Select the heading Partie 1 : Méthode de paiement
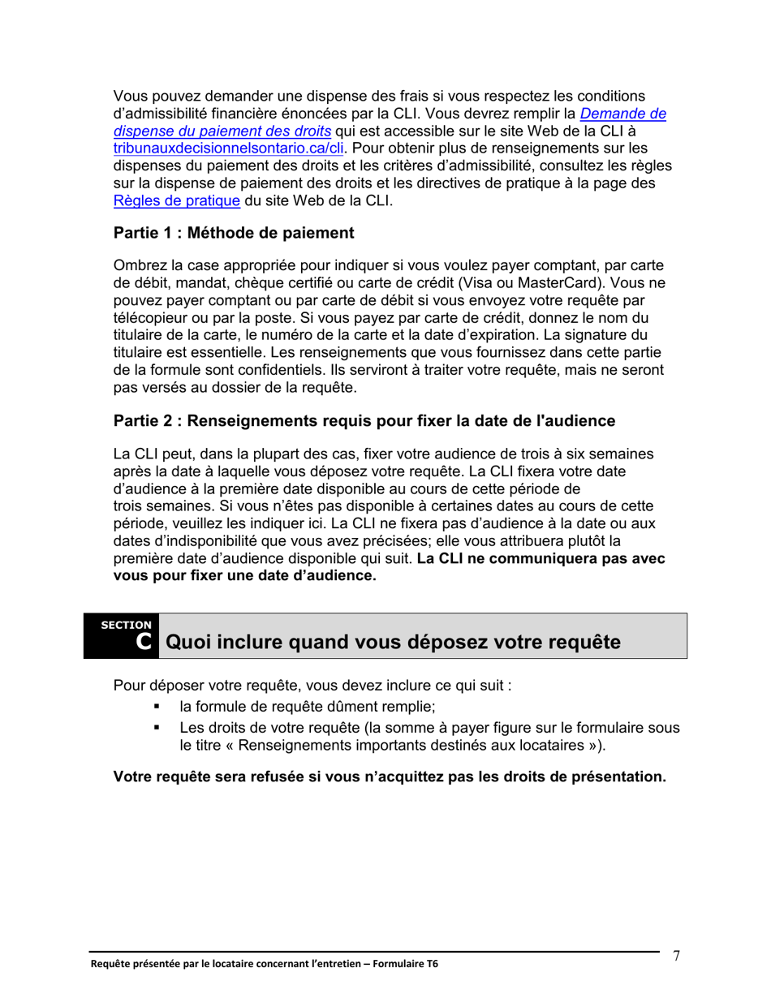tap(234, 234)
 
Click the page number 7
tap(675, 956)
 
